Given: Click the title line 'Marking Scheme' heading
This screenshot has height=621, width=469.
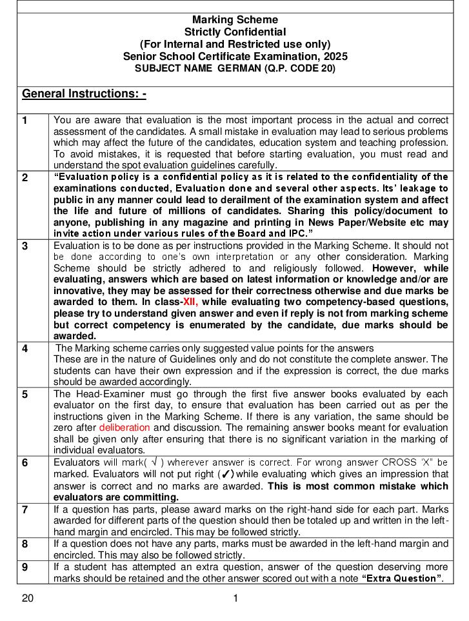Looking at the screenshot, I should [x=235, y=20].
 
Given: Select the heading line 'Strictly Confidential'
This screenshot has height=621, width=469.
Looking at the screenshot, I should [x=235, y=32].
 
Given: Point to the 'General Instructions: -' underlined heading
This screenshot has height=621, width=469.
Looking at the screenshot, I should [x=84, y=94].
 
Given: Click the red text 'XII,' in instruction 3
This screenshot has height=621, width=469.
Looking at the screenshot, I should [x=190, y=302].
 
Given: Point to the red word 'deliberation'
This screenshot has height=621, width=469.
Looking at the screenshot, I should [x=125, y=428].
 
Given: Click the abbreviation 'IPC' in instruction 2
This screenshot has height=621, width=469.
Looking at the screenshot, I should [x=291, y=233].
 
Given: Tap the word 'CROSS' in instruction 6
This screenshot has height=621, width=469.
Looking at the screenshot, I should [x=399, y=462].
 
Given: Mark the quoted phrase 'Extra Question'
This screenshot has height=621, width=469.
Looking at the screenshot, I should [x=403, y=578].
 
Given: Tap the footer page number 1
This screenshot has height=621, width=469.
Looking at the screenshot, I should [x=235, y=598].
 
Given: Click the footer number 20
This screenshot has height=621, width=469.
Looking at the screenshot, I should [x=28, y=598].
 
